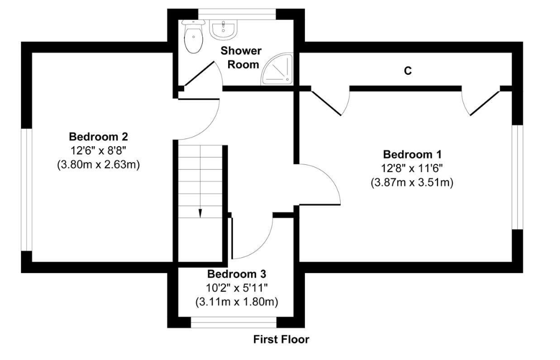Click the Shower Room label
pyautogui.click(x=241, y=57)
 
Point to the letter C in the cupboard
pyautogui.click(x=408, y=71)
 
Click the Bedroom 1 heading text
pyautogui.click(x=412, y=154)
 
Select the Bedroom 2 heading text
pyautogui.click(x=98, y=136)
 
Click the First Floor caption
pyautogui.click(x=281, y=339)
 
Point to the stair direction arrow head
pyautogui.click(x=200, y=214)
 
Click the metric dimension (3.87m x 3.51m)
pyautogui.click(x=412, y=182)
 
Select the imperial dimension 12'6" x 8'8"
pyautogui.click(x=98, y=150)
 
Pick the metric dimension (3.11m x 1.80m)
pyautogui.click(x=236, y=301)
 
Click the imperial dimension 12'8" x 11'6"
pyautogui.click(x=412, y=168)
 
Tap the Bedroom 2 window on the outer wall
pyautogui.click(x=25, y=190)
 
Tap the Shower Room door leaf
pyautogui.click(x=198, y=74)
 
